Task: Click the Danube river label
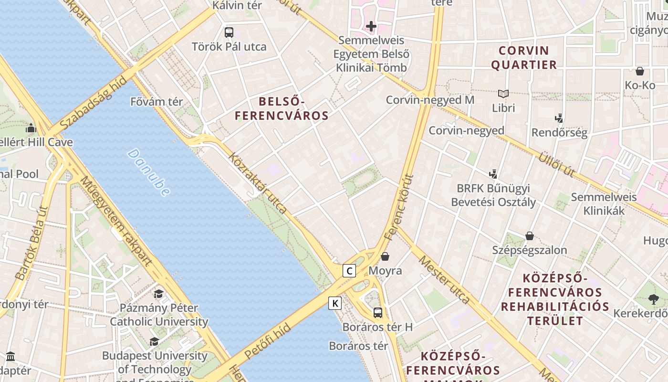pos(149,172)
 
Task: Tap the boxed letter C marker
pos(349,271)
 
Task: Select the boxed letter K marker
pos(335,303)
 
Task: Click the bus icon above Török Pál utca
pos(229,32)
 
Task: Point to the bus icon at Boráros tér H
pos(377,313)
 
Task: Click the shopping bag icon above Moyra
pos(385,257)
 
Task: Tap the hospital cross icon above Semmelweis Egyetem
pos(371,26)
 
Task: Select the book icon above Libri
pos(503,94)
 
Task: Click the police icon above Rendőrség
pos(559,118)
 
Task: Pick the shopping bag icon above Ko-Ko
pos(640,71)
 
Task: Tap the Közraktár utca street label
pos(258,183)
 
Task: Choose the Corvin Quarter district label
pos(524,57)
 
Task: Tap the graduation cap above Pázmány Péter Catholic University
pos(158,293)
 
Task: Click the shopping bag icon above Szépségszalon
pos(529,236)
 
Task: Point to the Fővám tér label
pos(157,102)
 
